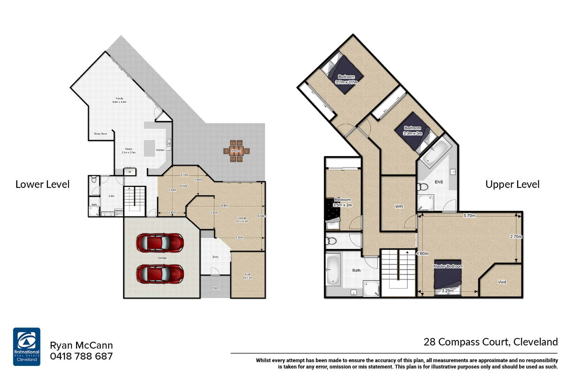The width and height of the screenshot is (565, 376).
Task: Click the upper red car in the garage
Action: (x=160, y=243)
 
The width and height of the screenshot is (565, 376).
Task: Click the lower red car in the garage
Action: (x=160, y=274)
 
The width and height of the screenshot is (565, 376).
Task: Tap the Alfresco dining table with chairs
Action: (x=236, y=151)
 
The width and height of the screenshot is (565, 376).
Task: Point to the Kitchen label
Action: (x=160, y=150)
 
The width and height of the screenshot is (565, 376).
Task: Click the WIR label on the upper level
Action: (x=399, y=206)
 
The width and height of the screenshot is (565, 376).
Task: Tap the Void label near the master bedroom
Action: (x=502, y=282)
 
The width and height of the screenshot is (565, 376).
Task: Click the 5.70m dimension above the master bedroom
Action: (x=469, y=216)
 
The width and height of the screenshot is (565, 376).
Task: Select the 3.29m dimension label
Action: (x=447, y=290)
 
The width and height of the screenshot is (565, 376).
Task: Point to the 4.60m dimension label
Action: (x=422, y=253)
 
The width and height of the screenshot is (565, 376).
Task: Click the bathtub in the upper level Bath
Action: (x=333, y=271)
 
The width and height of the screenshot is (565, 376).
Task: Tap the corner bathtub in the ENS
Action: (x=434, y=152)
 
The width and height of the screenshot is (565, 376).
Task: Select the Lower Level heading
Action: (x=43, y=184)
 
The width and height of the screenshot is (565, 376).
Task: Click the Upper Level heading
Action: (x=512, y=184)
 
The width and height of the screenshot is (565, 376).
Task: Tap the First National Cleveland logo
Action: (x=27, y=346)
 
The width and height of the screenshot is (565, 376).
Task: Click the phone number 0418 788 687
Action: (x=81, y=356)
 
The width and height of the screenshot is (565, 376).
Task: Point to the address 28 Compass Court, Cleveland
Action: (x=490, y=342)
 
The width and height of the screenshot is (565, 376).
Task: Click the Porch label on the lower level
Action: (x=216, y=288)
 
